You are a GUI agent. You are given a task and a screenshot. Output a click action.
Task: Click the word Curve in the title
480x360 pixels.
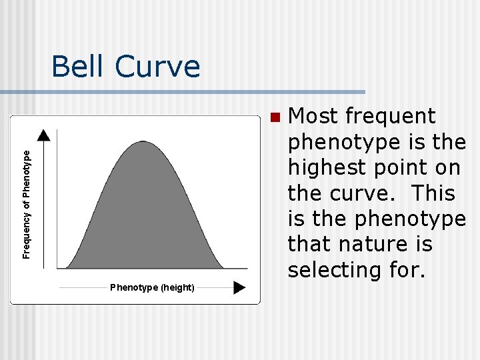[157, 67]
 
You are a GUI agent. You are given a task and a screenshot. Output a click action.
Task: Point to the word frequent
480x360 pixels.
[391, 116]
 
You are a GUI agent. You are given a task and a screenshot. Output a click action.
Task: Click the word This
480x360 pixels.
[433, 193]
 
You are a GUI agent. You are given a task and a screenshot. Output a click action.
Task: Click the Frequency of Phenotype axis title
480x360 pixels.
[27, 204]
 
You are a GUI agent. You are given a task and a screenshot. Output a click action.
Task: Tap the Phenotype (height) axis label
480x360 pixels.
[152, 287]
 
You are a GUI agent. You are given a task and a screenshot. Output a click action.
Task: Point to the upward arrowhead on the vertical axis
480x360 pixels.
[43, 135]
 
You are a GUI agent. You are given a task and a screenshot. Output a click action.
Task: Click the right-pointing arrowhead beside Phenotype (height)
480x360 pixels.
[239, 287]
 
